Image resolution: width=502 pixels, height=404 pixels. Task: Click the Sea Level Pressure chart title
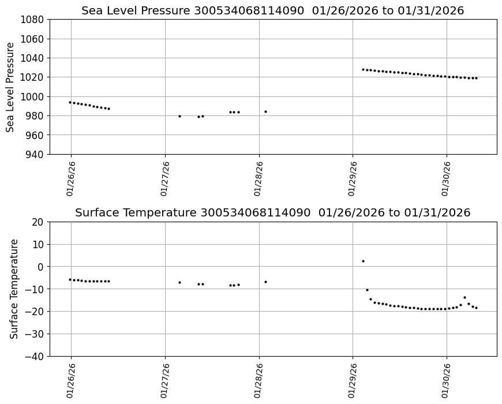point(272,10)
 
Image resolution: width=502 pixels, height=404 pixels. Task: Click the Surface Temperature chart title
point(272,212)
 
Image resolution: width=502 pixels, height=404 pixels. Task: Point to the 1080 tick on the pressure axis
point(33,20)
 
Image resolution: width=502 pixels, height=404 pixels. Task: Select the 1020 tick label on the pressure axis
point(33,77)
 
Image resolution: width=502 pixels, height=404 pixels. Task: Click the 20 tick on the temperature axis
point(39,222)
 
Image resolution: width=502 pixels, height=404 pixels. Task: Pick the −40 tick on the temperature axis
point(36,356)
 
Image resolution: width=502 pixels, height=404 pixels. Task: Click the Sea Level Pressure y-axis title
point(10,87)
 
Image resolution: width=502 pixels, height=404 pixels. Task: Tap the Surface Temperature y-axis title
point(14,289)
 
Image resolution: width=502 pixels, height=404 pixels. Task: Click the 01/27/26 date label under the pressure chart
point(165,179)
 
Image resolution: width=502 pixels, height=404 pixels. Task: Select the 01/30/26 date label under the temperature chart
point(447,381)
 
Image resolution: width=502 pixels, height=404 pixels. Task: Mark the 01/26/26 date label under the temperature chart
point(71,381)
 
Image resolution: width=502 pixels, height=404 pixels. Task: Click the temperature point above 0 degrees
point(363,261)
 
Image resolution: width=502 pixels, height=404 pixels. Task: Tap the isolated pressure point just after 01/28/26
point(265,111)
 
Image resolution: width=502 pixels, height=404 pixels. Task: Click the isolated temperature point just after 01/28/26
point(265,282)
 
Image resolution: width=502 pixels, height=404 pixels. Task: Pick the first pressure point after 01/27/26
point(179,116)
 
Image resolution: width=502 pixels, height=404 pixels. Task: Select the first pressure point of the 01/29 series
point(363,69)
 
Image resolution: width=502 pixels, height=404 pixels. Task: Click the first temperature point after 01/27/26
point(179,282)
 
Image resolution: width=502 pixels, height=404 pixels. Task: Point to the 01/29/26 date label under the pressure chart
point(353,179)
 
